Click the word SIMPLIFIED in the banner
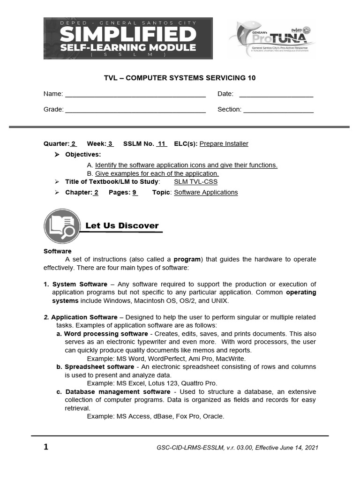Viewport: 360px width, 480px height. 127,34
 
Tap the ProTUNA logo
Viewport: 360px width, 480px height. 272,38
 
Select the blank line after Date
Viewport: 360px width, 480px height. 276,95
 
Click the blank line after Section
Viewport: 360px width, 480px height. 278,111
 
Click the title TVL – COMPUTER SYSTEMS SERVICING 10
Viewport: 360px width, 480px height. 180,78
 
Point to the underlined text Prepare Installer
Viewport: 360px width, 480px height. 224,144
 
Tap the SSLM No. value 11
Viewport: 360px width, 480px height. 162,144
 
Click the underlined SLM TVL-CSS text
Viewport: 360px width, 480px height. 195,182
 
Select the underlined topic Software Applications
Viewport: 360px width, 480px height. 206,192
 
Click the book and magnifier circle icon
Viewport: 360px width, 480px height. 62,225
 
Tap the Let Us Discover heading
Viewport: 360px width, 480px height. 122,226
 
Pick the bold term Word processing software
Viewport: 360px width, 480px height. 105,334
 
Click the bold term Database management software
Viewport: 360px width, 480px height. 118,391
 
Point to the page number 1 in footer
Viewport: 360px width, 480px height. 46,447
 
